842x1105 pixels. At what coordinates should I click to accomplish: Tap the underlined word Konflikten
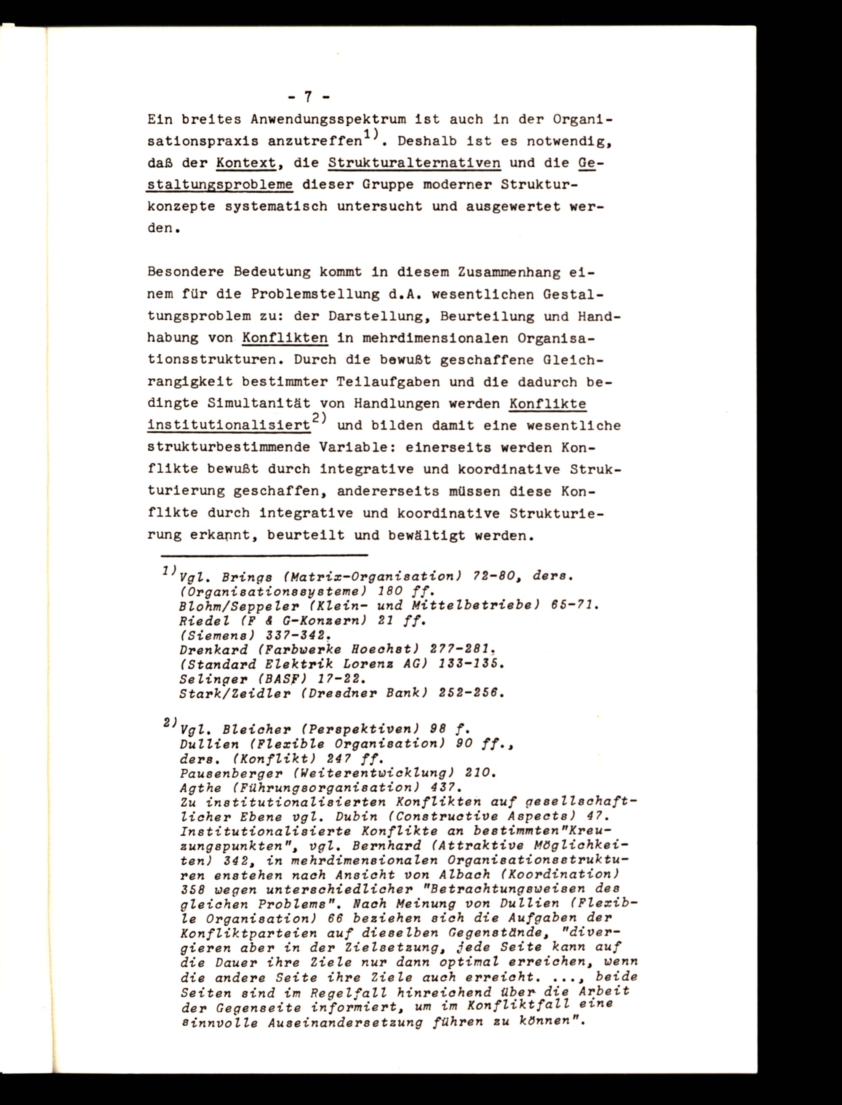tap(285, 338)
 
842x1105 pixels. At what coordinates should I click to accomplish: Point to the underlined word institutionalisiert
tap(229, 426)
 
